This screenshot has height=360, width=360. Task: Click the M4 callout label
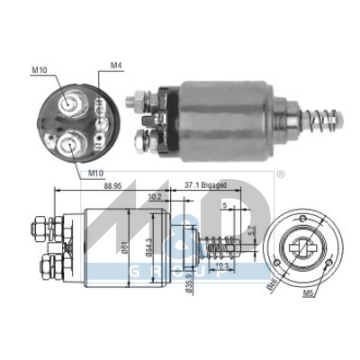(115, 65)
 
